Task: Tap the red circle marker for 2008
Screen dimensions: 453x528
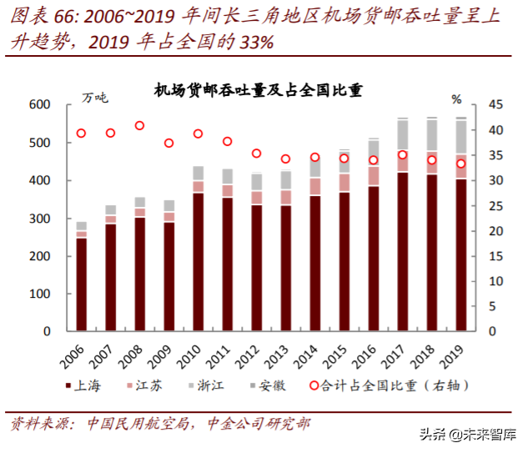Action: [139, 126]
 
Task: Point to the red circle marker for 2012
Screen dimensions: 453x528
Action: [256, 154]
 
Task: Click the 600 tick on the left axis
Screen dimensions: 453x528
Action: [41, 105]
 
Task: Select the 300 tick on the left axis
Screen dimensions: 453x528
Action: [41, 219]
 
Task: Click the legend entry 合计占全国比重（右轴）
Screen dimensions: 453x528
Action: [392, 385]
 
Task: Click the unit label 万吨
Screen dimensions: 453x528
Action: [94, 98]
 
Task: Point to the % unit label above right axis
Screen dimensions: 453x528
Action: [456, 98]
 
